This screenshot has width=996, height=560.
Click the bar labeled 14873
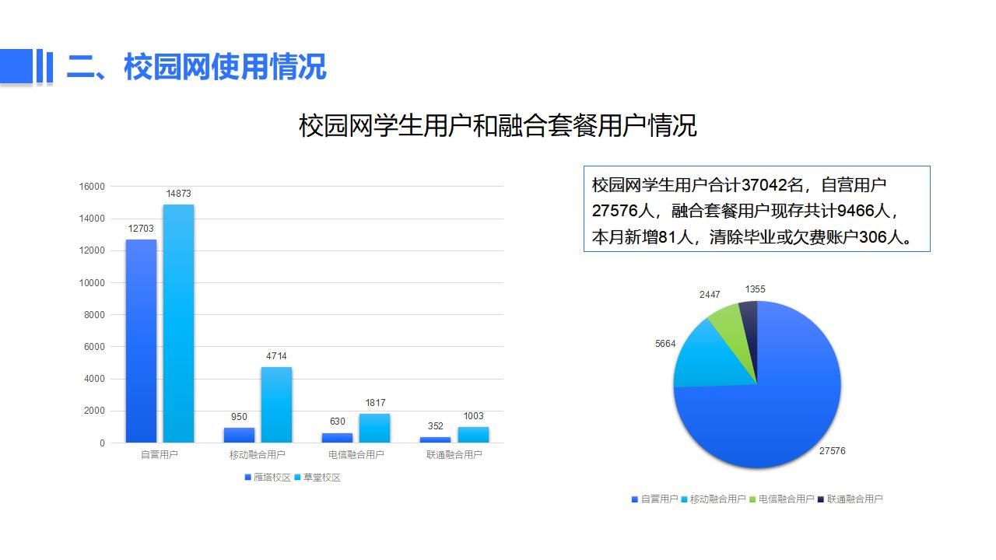[x=178, y=324]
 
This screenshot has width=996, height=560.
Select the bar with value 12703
[x=141, y=341]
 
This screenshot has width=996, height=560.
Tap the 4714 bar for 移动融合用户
[x=276, y=405]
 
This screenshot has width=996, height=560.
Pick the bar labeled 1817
[x=374, y=428]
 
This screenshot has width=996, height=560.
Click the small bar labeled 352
[x=435, y=439]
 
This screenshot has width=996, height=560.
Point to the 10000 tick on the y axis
[x=92, y=282]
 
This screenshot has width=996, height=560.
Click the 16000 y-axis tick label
[x=92, y=187]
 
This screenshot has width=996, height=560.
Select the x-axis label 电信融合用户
[x=356, y=455]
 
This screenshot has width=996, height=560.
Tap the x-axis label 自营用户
[x=160, y=455]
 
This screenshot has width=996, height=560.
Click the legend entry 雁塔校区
[x=268, y=478]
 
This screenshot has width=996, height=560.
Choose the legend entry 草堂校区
[x=317, y=478]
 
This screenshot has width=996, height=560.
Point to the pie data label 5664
[x=665, y=344]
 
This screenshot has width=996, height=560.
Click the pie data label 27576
[x=833, y=450]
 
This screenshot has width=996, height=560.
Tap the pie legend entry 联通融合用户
[x=850, y=499]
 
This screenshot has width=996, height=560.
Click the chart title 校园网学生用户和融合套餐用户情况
[x=497, y=125]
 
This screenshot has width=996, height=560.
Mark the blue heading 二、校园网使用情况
[x=197, y=67]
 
